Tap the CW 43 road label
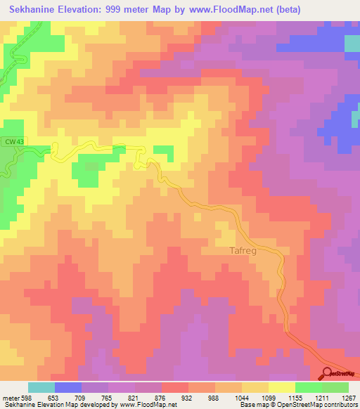coord(12,141)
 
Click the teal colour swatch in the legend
coord(41,387)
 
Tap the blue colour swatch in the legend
coord(68,387)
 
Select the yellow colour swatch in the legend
coord(282,387)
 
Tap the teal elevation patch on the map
coord(352,43)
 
